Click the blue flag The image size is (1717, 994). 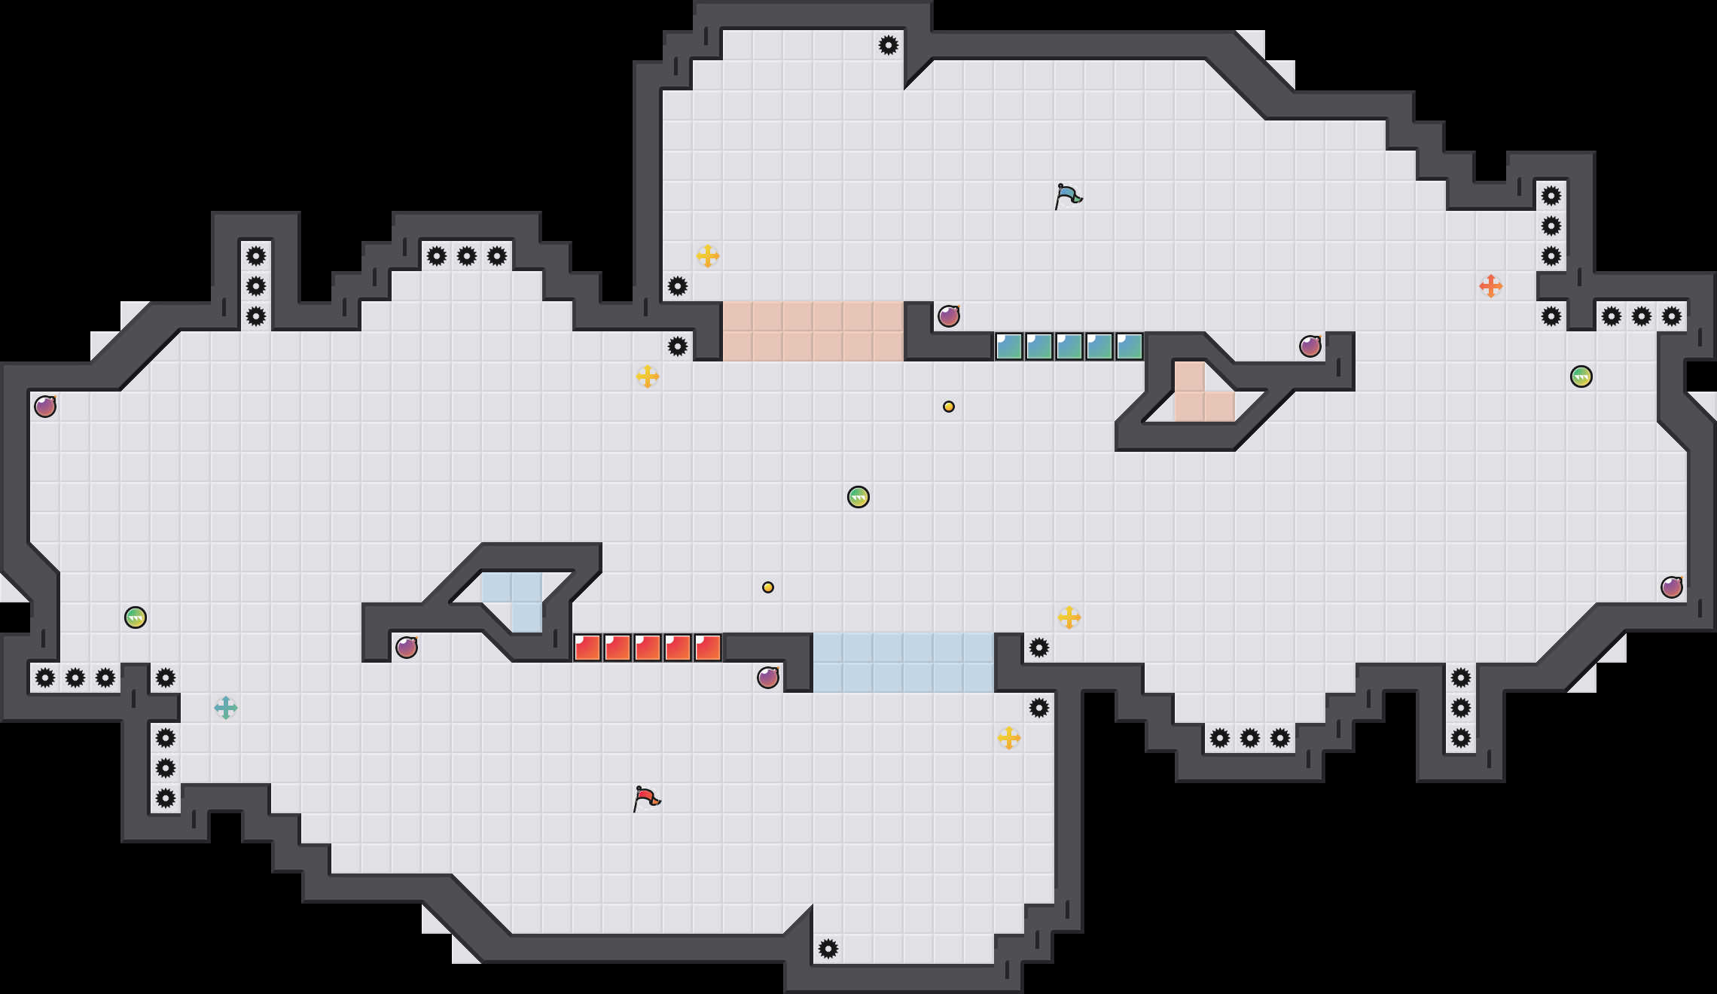point(1068,196)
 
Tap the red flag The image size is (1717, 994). point(646,798)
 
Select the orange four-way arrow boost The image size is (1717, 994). point(1490,286)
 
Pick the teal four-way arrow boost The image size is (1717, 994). point(225,708)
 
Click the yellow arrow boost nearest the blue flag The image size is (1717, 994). point(707,256)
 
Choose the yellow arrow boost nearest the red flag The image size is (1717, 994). point(1008,738)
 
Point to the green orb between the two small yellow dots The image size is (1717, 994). point(858,497)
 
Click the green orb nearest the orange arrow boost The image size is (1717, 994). point(1581,377)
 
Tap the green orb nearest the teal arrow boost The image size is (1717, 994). point(136,617)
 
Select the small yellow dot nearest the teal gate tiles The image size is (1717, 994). point(949,407)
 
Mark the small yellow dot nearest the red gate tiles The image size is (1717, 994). point(768,587)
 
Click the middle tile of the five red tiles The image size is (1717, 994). point(648,648)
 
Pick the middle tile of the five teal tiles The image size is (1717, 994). point(1069,346)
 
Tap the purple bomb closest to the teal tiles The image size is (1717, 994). point(949,316)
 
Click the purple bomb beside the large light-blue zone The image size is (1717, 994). point(768,678)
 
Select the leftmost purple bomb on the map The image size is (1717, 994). point(45,407)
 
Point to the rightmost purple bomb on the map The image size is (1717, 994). point(1672,587)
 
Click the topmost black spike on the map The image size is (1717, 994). point(889,45)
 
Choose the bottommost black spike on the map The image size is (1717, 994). point(828,949)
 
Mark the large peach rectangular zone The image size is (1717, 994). point(813,331)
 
